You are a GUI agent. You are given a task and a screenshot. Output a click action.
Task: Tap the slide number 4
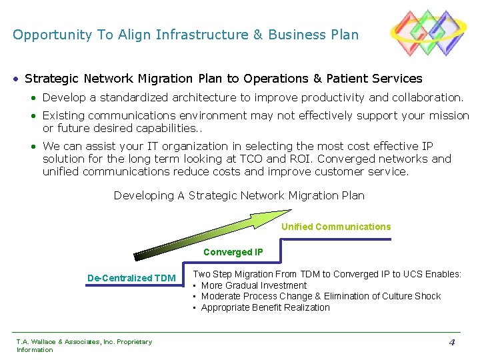click(451, 343)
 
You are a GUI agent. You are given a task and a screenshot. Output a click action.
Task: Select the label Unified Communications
click(336, 227)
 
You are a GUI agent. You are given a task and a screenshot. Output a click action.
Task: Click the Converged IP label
click(233, 252)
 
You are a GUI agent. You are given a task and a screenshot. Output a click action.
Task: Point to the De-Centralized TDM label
click(131, 278)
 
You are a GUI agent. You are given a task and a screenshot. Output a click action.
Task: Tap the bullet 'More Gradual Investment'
click(254, 285)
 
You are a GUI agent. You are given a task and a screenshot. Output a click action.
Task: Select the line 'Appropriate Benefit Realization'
click(265, 307)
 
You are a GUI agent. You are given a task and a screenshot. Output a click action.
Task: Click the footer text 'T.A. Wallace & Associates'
click(56, 342)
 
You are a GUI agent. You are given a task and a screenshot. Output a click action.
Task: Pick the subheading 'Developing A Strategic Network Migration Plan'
click(239, 195)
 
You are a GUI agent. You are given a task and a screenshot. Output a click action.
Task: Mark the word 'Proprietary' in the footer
click(134, 342)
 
